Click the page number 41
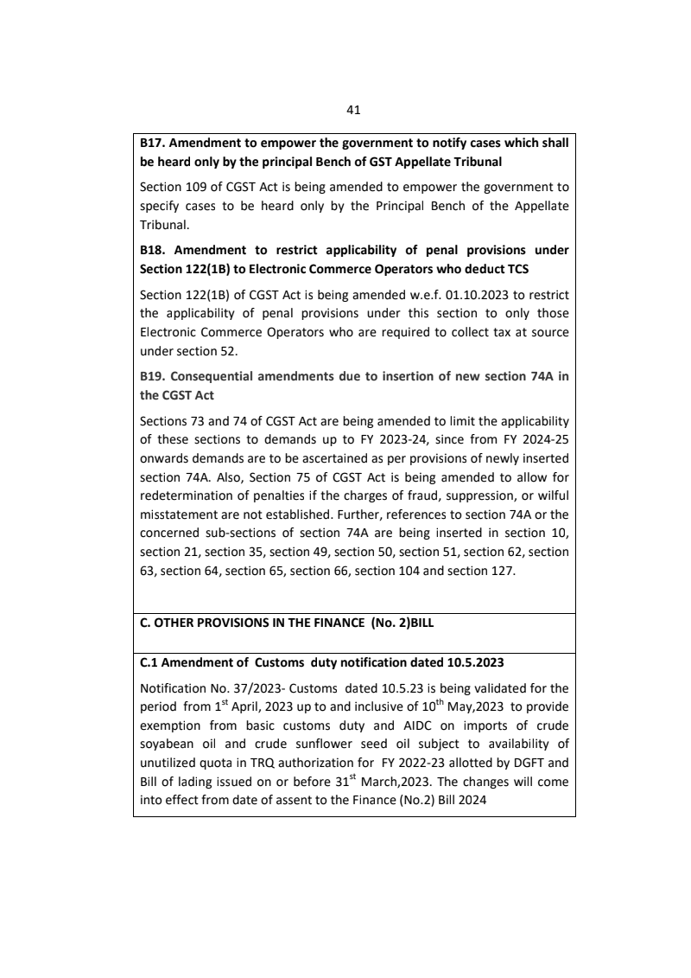[352, 110]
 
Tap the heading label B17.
[154, 144]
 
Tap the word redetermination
[187, 493]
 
